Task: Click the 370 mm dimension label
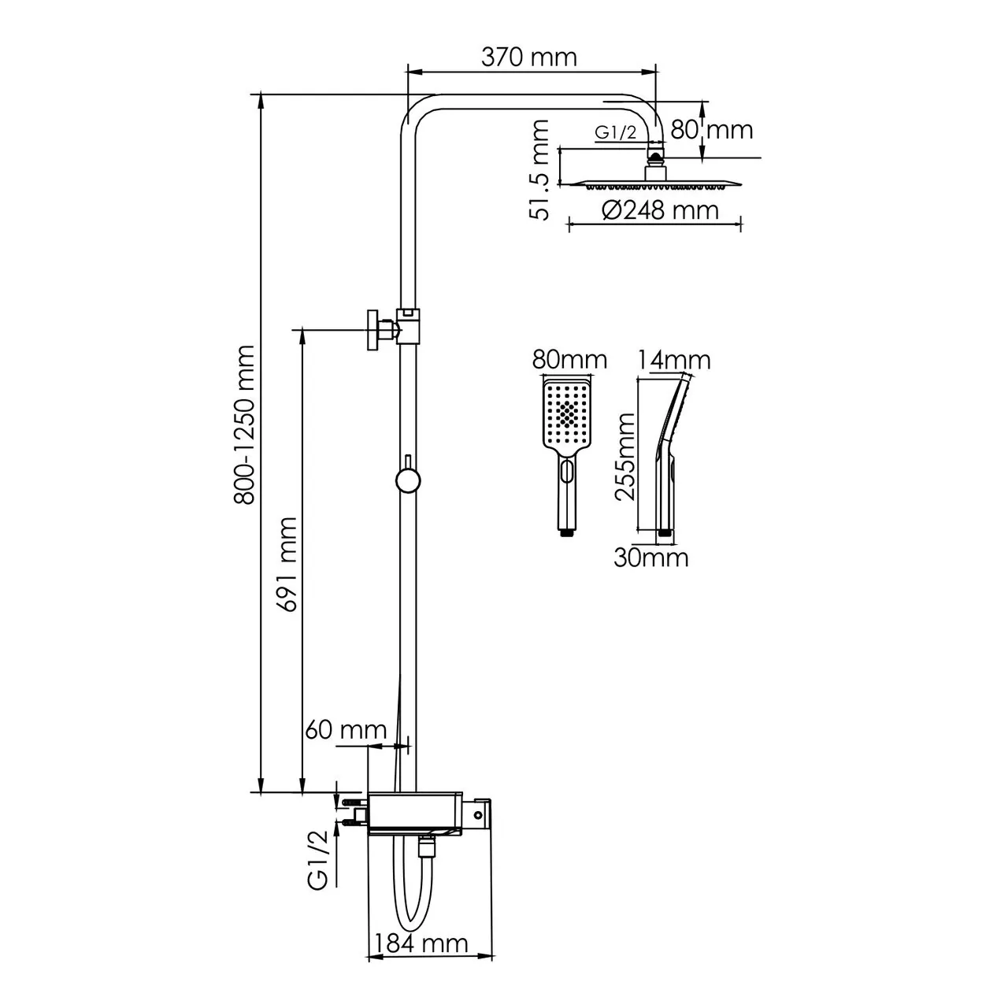(x=528, y=57)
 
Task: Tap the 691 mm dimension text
(x=287, y=564)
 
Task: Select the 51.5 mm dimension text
(x=540, y=170)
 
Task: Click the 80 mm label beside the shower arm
(x=712, y=129)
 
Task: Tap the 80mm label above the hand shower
(x=569, y=360)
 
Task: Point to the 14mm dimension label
(x=674, y=360)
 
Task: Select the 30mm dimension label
(x=651, y=558)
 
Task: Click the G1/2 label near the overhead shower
(x=615, y=133)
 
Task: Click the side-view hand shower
(x=669, y=457)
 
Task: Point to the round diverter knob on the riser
(x=407, y=480)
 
